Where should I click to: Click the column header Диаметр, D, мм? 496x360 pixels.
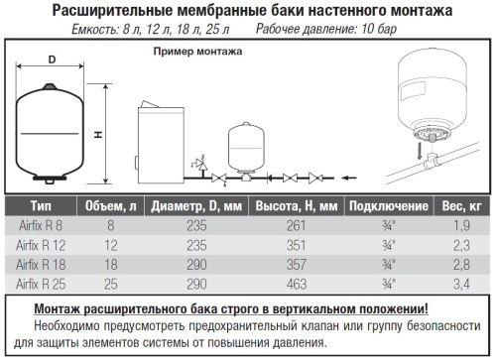pyautogui.click(x=196, y=206)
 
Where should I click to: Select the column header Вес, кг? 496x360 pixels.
pyautogui.click(x=461, y=206)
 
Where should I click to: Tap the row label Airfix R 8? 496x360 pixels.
pyautogui.click(x=41, y=226)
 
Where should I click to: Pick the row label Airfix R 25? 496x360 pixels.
pyautogui.click(x=41, y=284)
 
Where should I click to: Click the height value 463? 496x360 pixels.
pyautogui.click(x=297, y=284)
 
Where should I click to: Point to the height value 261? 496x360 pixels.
pyautogui.click(x=296, y=226)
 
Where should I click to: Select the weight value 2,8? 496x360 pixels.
pyautogui.click(x=461, y=265)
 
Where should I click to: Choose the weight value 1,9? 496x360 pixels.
pyautogui.click(x=461, y=226)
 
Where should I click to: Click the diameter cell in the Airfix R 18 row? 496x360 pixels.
pyautogui.click(x=196, y=265)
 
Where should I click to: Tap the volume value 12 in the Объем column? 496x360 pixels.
pyautogui.click(x=111, y=245)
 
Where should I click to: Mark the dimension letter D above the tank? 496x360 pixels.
pyautogui.click(x=52, y=60)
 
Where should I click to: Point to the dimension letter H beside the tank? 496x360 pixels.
pyautogui.click(x=98, y=135)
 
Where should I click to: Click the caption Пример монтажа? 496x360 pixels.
pyautogui.click(x=197, y=52)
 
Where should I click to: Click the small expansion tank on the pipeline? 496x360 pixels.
pyautogui.click(x=246, y=148)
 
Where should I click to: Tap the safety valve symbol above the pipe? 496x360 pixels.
pyautogui.click(x=200, y=165)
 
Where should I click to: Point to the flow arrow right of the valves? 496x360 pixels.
pyautogui.click(x=349, y=179)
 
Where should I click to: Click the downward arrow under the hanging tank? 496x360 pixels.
pyautogui.click(x=420, y=150)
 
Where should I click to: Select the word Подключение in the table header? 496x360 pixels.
pyautogui.click(x=389, y=206)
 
